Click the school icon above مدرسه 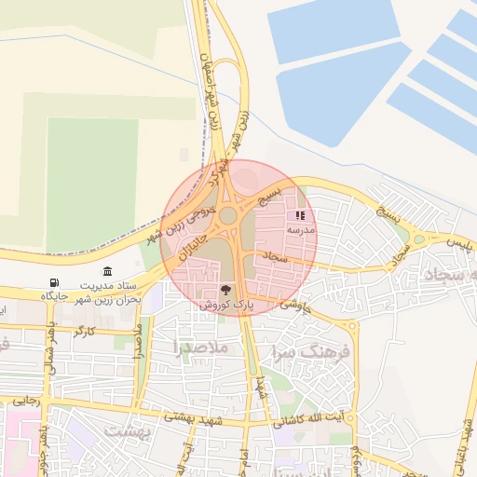(299, 215)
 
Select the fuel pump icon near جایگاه (52, 282)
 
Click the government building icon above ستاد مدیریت (108, 272)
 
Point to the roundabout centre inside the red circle (227, 216)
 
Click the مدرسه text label (301, 229)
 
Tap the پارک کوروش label (225, 305)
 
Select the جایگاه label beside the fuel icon (55, 295)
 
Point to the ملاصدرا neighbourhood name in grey (200, 347)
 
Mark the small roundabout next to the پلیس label (419, 239)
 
